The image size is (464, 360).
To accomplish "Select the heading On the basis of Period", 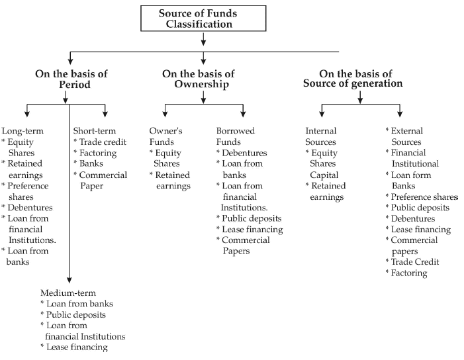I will [x=71, y=79].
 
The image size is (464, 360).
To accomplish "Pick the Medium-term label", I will [x=68, y=293].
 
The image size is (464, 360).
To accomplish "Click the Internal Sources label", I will [x=321, y=136].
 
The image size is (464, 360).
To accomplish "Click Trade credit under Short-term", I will [x=102, y=142].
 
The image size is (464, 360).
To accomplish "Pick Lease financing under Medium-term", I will [x=76, y=347].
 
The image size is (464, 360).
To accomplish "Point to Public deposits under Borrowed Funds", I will [x=252, y=218].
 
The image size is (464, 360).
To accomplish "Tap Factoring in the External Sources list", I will [x=408, y=273].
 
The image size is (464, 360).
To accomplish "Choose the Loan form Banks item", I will [x=410, y=180].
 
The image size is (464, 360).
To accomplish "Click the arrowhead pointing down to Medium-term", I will [x=69, y=281].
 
